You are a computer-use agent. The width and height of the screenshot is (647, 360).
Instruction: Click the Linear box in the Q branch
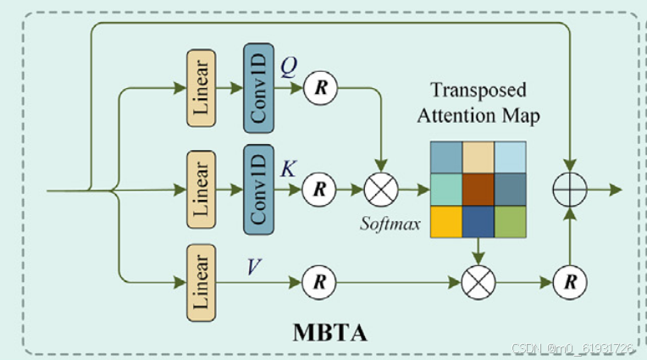[202, 89]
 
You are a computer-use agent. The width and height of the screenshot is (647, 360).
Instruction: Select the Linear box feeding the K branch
[202, 190]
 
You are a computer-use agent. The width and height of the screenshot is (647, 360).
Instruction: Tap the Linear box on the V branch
[202, 280]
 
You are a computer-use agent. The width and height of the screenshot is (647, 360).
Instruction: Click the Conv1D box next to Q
[258, 89]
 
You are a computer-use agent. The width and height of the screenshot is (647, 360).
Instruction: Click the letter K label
[289, 169]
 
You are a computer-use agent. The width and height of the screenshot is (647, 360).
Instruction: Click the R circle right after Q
[319, 87]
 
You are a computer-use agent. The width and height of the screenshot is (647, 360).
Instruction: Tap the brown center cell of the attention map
[479, 189]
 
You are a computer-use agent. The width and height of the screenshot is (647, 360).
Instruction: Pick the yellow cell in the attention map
[446, 221]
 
